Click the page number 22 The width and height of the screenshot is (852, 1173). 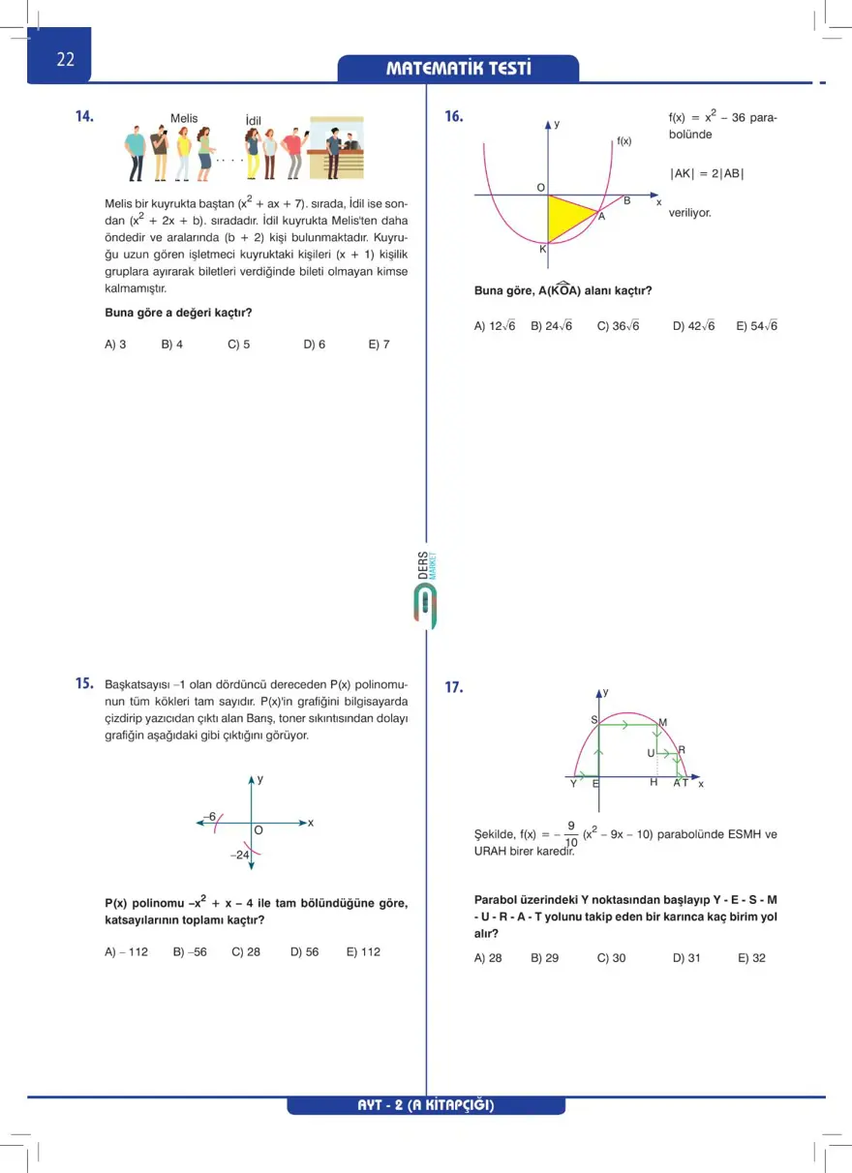(65, 59)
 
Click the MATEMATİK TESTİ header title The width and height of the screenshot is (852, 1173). (459, 69)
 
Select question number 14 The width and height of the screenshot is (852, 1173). (84, 116)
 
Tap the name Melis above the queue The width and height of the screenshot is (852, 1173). (184, 119)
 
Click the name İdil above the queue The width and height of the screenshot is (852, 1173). (254, 121)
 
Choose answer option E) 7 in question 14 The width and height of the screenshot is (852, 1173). (379, 344)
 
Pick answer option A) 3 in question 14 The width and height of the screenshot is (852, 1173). (115, 344)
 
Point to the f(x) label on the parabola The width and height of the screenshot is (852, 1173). (624, 141)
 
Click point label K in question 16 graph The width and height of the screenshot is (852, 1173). (542, 250)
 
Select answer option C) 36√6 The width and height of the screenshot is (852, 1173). (618, 326)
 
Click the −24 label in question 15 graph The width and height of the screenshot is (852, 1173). (239, 856)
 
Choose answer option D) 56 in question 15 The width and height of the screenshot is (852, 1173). (304, 951)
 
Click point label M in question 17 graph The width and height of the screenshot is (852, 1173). (662, 722)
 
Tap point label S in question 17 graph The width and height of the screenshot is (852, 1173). (593, 720)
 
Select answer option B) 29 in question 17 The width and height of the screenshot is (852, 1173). (544, 958)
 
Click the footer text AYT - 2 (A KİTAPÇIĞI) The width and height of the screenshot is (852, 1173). (426, 1105)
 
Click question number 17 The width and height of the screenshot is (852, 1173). (453, 688)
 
